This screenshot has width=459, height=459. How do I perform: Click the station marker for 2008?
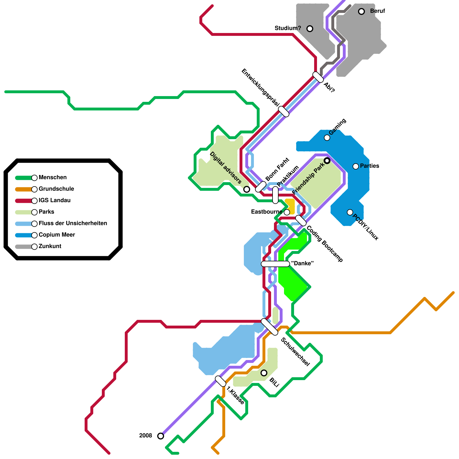[x=161, y=436]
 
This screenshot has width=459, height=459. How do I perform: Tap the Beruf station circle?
[x=361, y=11]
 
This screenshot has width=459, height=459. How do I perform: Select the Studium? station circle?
[x=310, y=29]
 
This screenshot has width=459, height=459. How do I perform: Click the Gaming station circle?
[x=327, y=138]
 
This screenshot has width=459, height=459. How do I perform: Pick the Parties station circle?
[x=356, y=166]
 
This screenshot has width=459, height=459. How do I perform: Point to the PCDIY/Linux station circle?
[x=350, y=212]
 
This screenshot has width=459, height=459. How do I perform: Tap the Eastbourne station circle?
[x=287, y=212]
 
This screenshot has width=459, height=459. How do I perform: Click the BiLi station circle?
[x=264, y=373]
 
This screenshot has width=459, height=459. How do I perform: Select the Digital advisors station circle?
[x=247, y=189]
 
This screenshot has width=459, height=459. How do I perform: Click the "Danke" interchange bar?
[x=275, y=264]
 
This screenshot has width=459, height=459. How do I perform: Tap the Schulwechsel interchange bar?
[x=270, y=327]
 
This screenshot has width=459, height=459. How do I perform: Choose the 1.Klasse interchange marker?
[x=221, y=381]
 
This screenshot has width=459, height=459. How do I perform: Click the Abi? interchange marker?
[x=318, y=77]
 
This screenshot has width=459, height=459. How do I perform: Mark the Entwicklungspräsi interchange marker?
[x=284, y=112]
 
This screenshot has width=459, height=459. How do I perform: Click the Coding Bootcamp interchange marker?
[x=301, y=221]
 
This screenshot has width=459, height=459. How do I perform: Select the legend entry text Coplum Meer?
[x=57, y=235]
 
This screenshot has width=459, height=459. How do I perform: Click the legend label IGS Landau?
[x=55, y=201]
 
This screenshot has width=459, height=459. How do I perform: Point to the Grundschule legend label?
[x=56, y=189]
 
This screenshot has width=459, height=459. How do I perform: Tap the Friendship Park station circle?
[x=327, y=161]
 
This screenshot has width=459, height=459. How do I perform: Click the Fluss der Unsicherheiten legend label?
[x=73, y=223]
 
